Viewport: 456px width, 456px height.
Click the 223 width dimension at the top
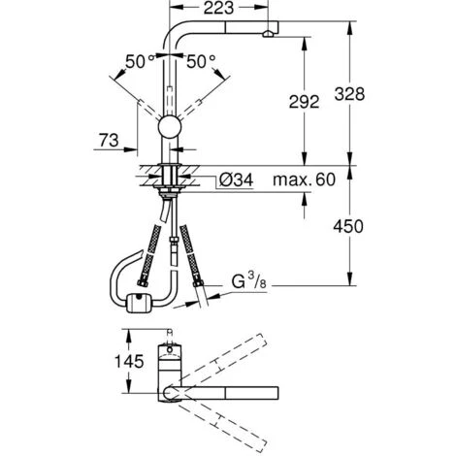click(x=218, y=8)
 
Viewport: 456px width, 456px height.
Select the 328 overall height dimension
click(x=349, y=94)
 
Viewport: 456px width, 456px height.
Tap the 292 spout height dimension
click(x=304, y=102)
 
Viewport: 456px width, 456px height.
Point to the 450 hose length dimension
click(x=348, y=226)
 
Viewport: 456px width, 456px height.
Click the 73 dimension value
click(x=109, y=141)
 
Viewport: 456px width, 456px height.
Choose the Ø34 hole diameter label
click(x=236, y=179)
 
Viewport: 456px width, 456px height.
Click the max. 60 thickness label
click(x=304, y=179)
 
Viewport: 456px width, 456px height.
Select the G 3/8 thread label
click(x=249, y=280)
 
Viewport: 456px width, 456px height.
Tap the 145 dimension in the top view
click(x=129, y=361)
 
